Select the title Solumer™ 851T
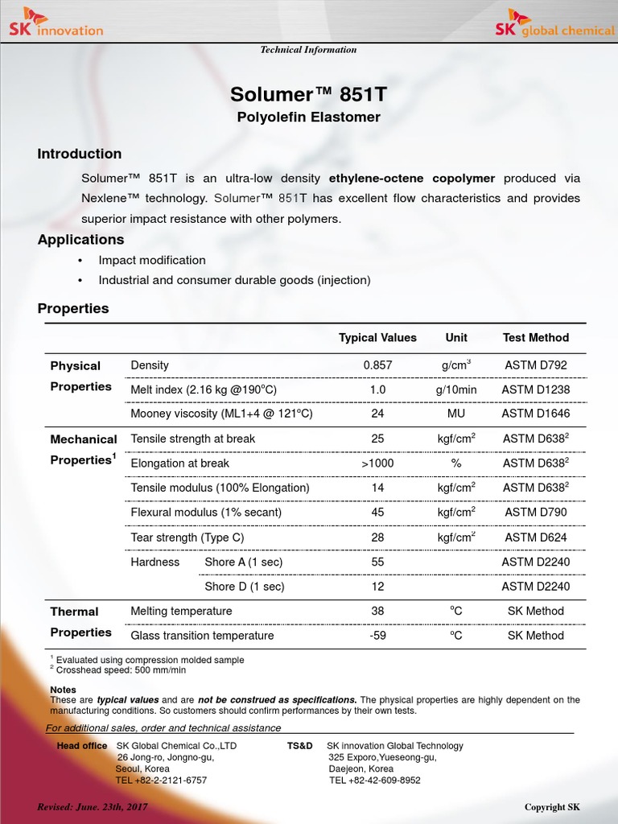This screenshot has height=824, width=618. (308, 94)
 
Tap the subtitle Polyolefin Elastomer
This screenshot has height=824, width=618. (308, 117)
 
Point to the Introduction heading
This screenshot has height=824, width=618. (80, 154)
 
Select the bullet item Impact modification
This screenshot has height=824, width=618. (152, 260)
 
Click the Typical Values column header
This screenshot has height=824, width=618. (377, 338)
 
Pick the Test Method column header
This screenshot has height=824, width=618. (535, 338)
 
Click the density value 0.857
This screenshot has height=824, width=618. (377, 365)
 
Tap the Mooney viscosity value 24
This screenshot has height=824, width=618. (377, 414)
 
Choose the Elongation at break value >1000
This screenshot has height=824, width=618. (377, 463)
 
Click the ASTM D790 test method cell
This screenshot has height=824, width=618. (535, 513)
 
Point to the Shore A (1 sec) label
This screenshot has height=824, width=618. (244, 562)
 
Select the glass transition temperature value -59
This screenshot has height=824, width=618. (377, 636)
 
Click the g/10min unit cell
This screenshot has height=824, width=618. (456, 389)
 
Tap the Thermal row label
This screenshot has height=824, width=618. (74, 612)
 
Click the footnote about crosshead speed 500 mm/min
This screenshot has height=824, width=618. (121, 669)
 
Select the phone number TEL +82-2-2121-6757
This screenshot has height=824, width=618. (161, 781)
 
